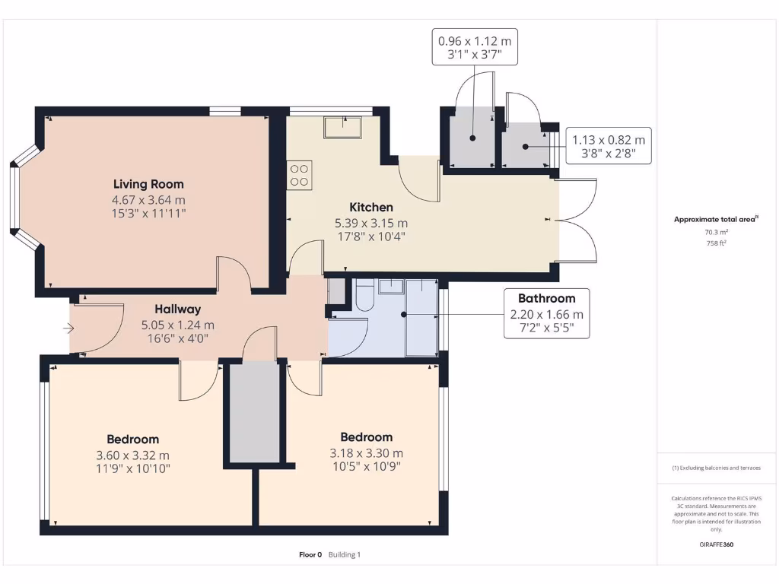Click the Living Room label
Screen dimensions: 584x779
coord(148,184)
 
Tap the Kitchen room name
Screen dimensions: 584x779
coord(371,207)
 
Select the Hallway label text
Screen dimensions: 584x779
coord(178,309)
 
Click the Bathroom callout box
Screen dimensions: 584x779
coord(546,313)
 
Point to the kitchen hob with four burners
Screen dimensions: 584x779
coord(300,176)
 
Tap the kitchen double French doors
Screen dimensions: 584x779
coord(577,221)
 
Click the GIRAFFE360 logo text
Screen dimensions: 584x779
coord(716,544)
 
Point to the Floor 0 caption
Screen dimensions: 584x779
coord(310,555)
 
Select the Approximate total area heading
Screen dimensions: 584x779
coord(715,219)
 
